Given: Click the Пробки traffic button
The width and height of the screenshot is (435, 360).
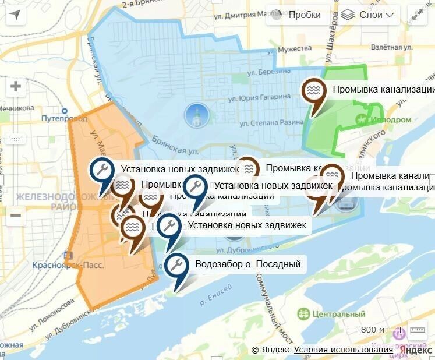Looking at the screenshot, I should click(296, 15).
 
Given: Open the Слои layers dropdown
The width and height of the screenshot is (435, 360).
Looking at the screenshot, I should click(367, 15).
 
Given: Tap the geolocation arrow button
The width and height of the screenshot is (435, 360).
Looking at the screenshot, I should click(15, 15).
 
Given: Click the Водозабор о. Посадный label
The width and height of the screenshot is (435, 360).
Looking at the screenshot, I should click(248, 264).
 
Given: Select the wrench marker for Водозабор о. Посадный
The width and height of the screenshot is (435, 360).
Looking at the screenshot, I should click(176, 266).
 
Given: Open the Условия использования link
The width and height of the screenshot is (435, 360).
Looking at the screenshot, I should click(343, 350).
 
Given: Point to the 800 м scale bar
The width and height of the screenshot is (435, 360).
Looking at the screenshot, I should click(365, 330).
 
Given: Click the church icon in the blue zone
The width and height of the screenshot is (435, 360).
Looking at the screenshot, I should click(196, 115).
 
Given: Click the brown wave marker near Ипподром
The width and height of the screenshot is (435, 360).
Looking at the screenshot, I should click(315, 92).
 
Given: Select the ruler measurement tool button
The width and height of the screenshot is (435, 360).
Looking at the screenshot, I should click(418, 330).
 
